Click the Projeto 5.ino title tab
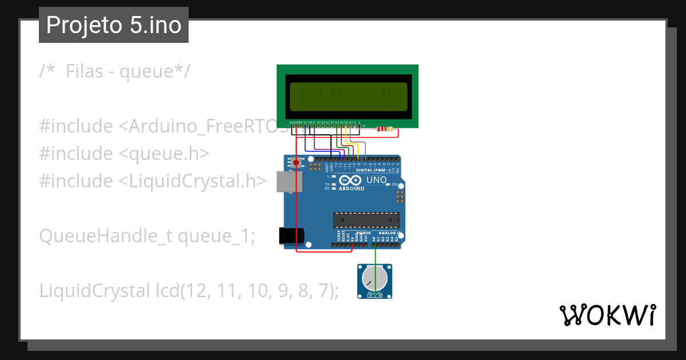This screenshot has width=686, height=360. [114, 25]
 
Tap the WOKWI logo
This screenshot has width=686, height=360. [608, 315]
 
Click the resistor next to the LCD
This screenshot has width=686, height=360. [385, 129]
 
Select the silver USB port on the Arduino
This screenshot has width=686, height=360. [286, 181]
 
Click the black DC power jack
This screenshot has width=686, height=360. [290, 236]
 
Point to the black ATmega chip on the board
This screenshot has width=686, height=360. [366, 219]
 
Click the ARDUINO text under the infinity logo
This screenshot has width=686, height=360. [351, 188]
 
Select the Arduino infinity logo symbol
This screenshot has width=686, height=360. [351, 180]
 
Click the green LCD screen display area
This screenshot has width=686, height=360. [348, 96]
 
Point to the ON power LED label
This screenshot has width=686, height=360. [394, 184]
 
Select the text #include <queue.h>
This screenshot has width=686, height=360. [124, 153]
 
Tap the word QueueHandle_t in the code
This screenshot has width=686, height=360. [106, 235]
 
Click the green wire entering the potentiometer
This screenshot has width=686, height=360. [374, 269]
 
